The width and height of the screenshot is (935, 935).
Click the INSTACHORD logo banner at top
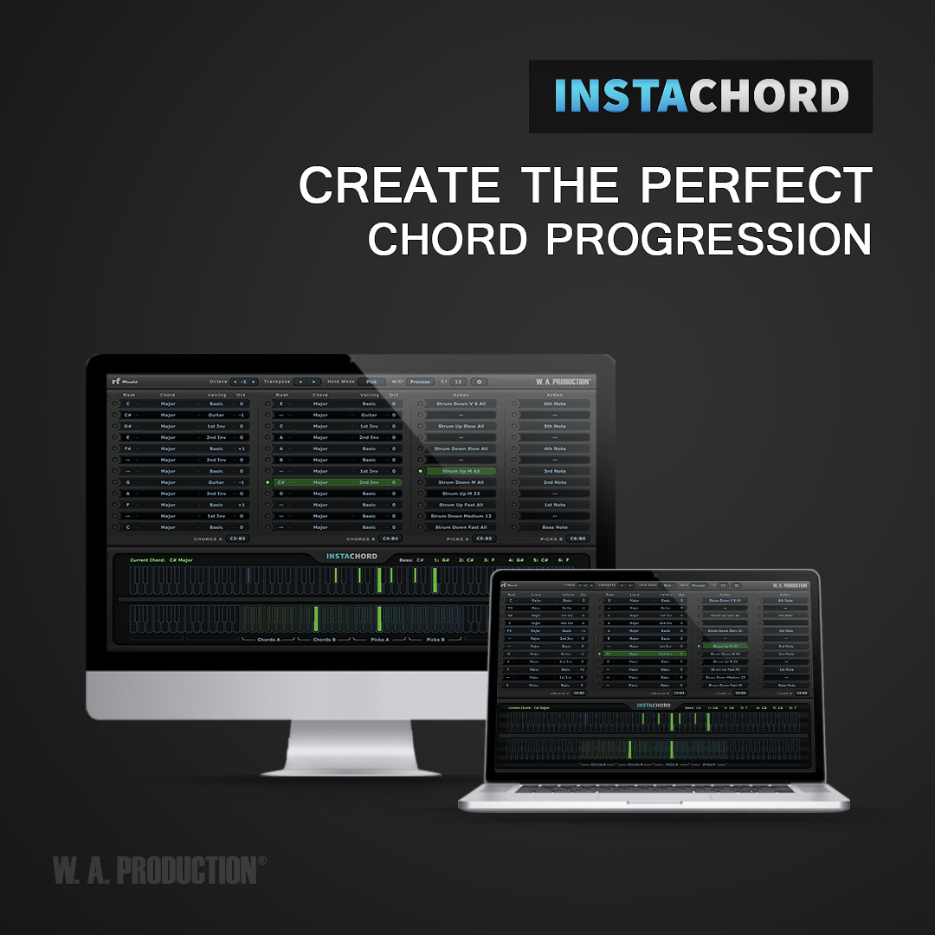coord(700,96)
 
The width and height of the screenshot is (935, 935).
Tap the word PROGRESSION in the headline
coord(706,238)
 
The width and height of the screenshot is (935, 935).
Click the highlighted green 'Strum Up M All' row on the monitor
coord(461,471)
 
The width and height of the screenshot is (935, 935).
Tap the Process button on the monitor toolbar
coord(420,382)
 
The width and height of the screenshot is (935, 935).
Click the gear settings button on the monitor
coord(479,382)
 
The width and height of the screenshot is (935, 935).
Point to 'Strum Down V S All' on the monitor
coord(461,404)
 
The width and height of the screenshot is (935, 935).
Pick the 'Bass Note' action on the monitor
coord(554,527)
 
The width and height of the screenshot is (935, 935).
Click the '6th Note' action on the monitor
coord(554,404)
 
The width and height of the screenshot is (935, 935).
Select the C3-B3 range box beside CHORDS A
coord(237,538)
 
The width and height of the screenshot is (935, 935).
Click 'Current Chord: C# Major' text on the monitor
coord(161,560)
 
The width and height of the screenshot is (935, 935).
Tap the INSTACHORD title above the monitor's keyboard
coord(351,556)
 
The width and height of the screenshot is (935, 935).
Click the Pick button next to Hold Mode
coord(371,382)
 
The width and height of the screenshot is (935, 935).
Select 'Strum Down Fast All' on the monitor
coord(461,527)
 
